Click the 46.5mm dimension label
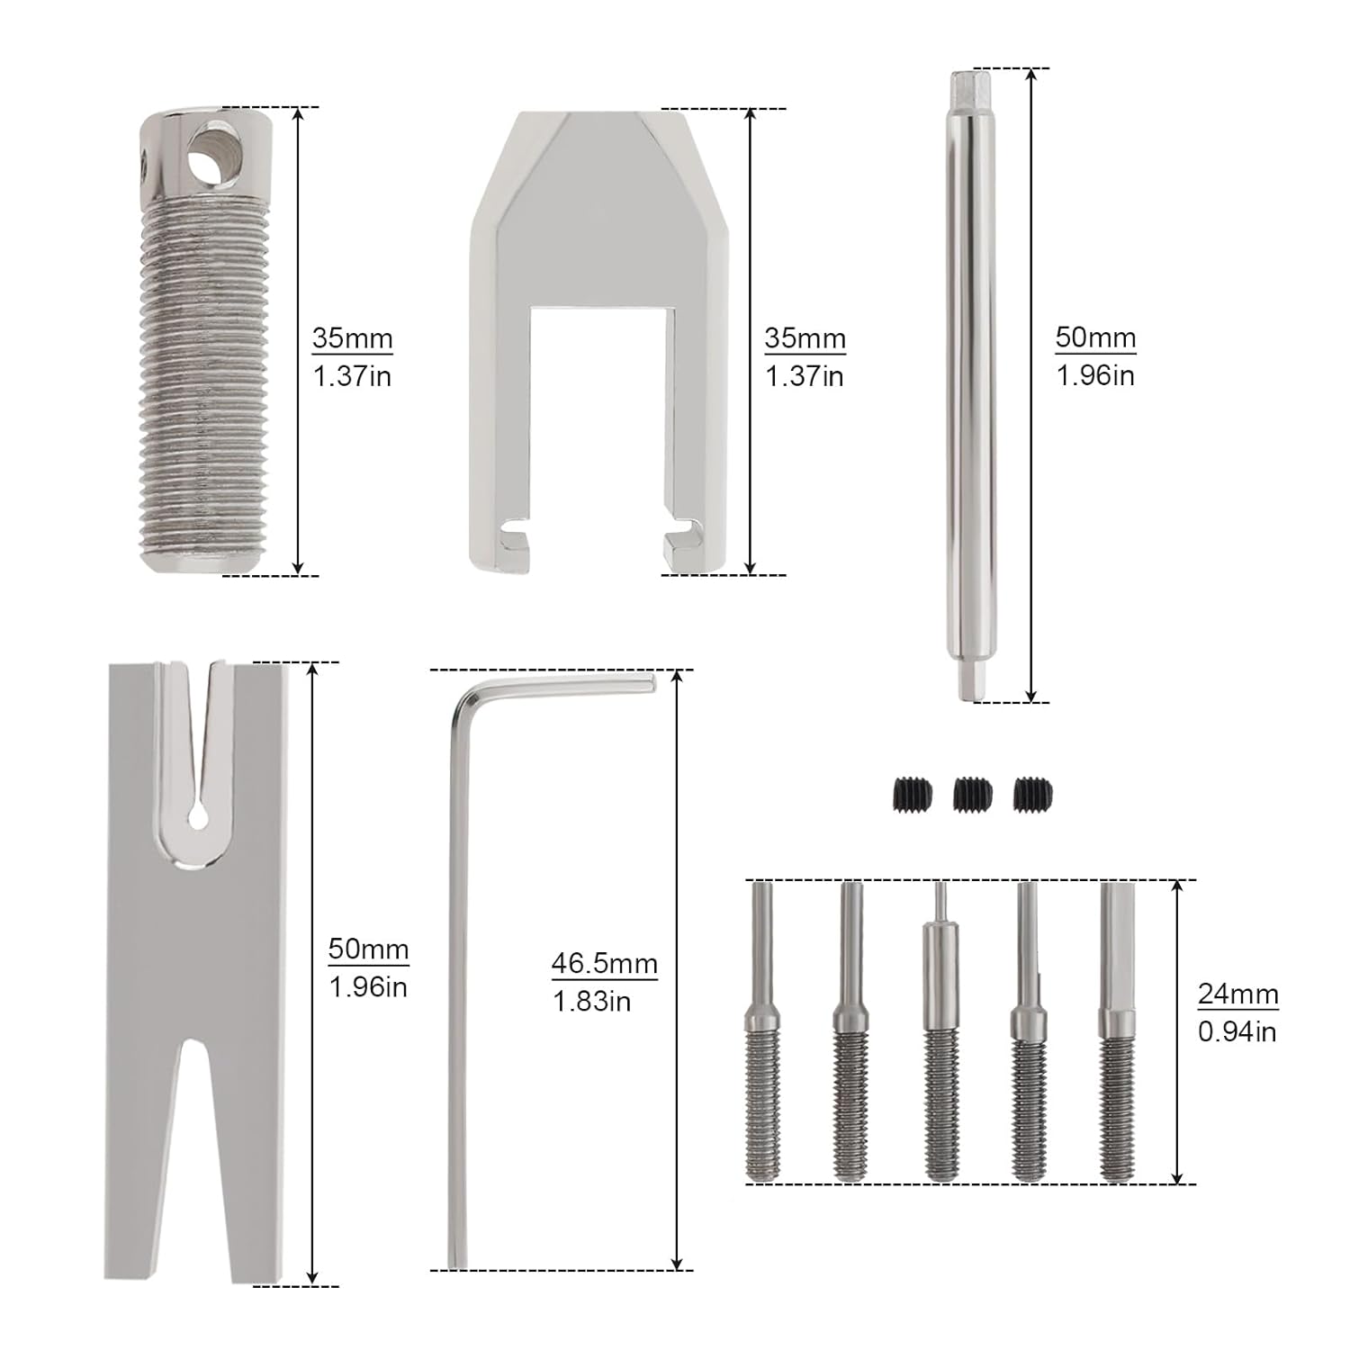(605, 963)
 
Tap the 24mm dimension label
(1237, 994)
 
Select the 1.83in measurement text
(591, 1001)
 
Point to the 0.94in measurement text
(1237, 1031)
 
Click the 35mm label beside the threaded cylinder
(353, 338)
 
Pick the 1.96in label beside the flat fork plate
(368, 986)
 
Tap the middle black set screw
(972, 792)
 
